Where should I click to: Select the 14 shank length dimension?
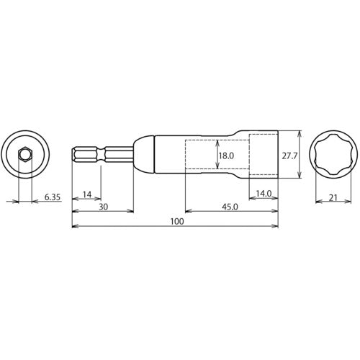pyautogui.click(x=86, y=195)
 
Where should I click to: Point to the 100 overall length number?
pyautogui.click(x=176, y=222)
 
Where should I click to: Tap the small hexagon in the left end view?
pyautogui.click(x=25, y=155)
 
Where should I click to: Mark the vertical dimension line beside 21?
pyautogui.click(x=315, y=195)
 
